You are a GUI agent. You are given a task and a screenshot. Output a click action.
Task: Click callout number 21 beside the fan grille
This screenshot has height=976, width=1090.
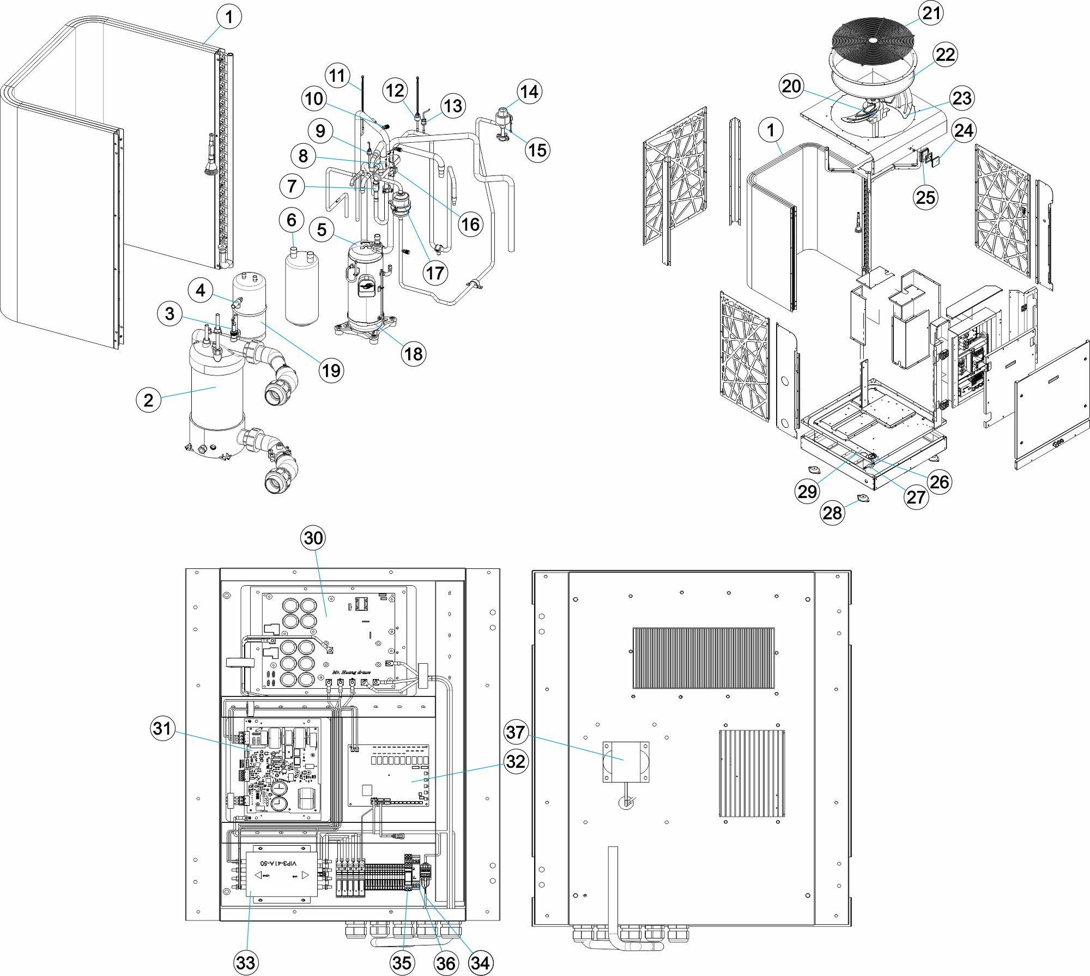931,13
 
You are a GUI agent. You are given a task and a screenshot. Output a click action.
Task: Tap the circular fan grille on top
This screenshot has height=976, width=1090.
873,39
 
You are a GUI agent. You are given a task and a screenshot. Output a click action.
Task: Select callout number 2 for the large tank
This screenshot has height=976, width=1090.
148,400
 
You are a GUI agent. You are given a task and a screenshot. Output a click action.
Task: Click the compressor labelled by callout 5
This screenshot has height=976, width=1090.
367,286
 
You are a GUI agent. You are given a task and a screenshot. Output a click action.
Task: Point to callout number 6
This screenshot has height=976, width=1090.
292,220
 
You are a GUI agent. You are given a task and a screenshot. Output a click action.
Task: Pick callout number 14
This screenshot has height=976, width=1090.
529,92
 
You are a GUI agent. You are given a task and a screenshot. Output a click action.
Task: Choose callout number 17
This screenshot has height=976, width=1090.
435,272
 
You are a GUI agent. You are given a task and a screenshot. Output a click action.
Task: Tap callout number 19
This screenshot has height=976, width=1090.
331,371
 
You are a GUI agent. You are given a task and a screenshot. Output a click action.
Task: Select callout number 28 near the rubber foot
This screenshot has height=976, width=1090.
832,513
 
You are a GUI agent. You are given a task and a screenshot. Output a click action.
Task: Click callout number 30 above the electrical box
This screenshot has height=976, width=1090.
313,538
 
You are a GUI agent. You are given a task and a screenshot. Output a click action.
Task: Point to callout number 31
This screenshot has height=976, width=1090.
162,728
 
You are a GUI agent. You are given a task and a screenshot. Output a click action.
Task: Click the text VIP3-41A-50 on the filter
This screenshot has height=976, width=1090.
279,863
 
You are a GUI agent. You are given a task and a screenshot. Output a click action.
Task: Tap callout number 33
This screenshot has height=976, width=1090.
246,963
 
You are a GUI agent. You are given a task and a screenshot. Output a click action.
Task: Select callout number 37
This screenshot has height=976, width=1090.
516,732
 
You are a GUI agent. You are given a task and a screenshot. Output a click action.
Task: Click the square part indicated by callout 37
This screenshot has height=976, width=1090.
625,761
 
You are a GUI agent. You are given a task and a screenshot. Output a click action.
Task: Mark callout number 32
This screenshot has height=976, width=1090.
516,761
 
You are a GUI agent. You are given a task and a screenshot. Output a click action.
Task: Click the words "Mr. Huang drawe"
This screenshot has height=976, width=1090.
352,672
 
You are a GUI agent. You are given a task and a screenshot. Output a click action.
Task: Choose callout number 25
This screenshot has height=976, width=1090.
925,197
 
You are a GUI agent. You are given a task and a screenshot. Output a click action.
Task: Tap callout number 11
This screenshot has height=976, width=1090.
337,75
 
